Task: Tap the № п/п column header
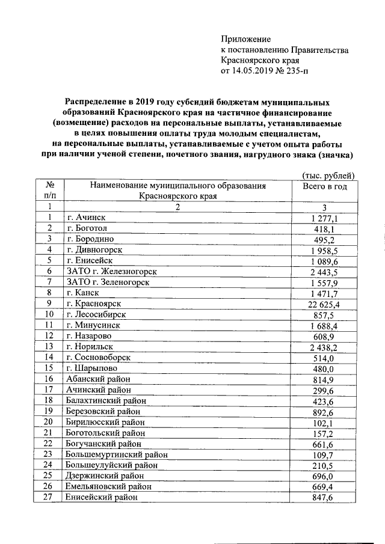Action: (x=51, y=191)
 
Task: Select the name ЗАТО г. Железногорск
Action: (x=109, y=272)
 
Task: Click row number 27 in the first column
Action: (x=51, y=497)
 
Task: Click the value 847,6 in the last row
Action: (x=327, y=497)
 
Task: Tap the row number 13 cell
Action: (x=51, y=347)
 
